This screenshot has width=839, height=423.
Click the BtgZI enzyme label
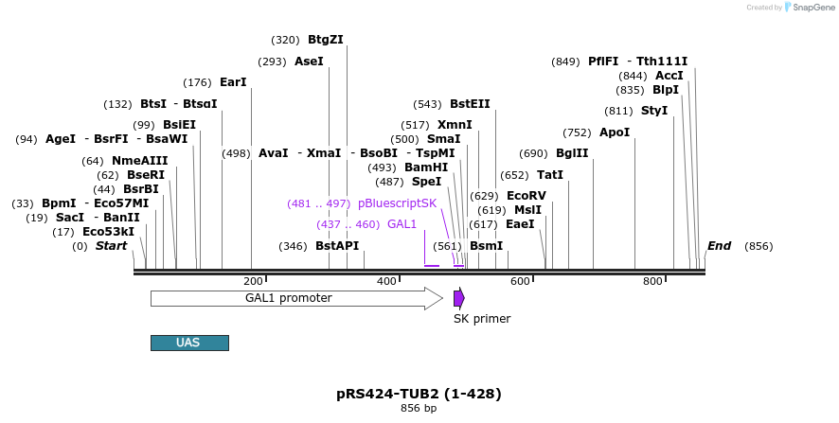click(x=325, y=40)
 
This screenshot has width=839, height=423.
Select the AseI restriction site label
click(x=309, y=62)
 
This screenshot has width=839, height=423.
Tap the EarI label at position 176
click(x=233, y=82)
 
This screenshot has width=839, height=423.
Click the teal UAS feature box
click(x=189, y=343)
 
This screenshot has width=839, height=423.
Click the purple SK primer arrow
click(x=458, y=298)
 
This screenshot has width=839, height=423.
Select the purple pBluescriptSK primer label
click(x=397, y=203)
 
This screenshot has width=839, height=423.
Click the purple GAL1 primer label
click(x=402, y=224)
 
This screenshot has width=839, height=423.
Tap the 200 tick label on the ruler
click(x=253, y=282)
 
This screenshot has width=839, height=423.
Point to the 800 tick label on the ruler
click(x=652, y=282)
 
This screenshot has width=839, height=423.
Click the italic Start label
click(x=111, y=246)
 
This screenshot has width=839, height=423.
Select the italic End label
click(x=719, y=246)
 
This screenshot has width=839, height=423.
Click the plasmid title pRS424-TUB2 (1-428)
click(x=419, y=394)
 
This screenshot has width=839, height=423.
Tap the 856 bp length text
click(x=419, y=409)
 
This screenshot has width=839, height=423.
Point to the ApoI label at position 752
click(x=615, y=132)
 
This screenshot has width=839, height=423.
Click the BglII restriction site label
click(x=572, y=153)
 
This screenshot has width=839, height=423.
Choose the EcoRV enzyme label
click(x=526, y=195)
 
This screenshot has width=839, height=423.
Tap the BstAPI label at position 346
click(x=337, y=246)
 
